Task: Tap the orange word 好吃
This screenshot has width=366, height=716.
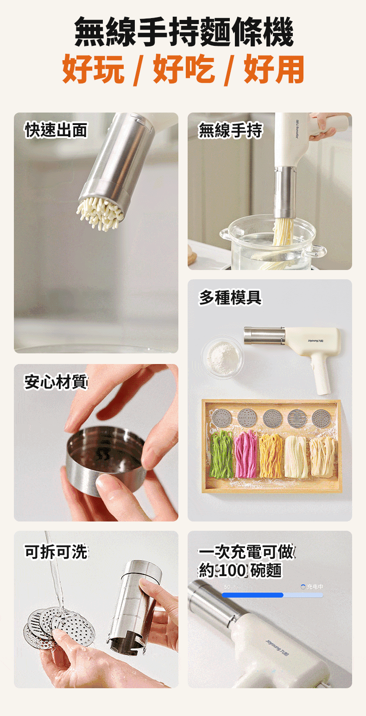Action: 183,69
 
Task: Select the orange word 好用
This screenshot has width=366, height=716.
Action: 274,69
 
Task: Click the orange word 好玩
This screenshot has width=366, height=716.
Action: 93,69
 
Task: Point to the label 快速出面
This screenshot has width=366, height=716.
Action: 56,130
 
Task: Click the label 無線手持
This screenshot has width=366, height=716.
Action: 230,131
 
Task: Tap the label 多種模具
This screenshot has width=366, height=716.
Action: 230,298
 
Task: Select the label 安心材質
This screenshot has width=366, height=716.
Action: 56,382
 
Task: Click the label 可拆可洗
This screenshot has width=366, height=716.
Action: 56,552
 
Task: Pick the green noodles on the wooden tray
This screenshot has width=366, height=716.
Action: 221,454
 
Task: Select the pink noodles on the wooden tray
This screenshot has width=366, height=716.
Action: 246,454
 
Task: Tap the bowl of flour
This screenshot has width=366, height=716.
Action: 222,357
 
